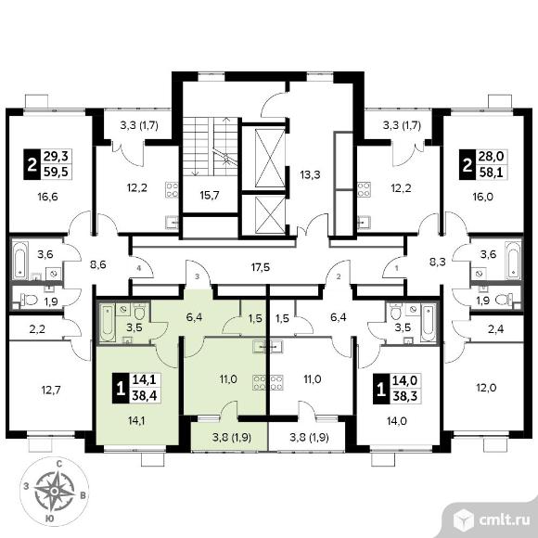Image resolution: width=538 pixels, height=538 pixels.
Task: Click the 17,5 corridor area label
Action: pos(260,267)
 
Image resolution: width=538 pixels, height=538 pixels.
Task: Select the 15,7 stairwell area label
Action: pos(210,196)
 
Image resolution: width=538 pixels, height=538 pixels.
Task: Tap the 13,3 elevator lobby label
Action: pos(310,175)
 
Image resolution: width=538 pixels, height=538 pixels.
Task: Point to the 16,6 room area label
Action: pos(48,197)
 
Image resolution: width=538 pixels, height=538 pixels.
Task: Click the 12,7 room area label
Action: pos(51,391)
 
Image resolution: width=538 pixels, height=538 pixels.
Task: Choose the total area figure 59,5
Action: pos(56,172)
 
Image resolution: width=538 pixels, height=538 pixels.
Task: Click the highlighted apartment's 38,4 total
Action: pos(144,396)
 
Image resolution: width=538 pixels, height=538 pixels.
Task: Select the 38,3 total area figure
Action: pos(404,396)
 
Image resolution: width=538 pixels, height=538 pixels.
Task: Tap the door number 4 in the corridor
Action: pos(138,269)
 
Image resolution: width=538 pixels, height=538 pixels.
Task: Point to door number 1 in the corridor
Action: pos(397,269)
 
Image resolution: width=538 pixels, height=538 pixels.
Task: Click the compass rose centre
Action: pos(54,492)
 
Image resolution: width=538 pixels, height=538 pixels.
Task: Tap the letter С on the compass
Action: pos(59,465)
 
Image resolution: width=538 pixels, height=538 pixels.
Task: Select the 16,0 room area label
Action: pos(483,197)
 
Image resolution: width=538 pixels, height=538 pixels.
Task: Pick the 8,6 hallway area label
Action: pos(97,264)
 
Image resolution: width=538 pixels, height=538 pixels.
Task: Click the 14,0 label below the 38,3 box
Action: pos(397,420)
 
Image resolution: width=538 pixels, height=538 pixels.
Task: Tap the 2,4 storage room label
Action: pos(495,329)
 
